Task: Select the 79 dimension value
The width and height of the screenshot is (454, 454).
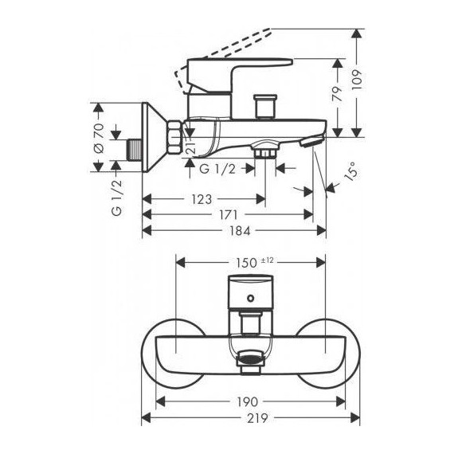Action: pos(338,96)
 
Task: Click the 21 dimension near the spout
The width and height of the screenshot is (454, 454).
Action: pos(190,145)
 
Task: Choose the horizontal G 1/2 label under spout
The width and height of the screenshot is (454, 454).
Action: pos(216,169)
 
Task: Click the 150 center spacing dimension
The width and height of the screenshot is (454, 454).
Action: pos(247,262)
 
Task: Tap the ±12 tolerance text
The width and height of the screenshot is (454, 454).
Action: pos(268,260)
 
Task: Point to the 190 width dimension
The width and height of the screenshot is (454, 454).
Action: pos(247,403)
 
